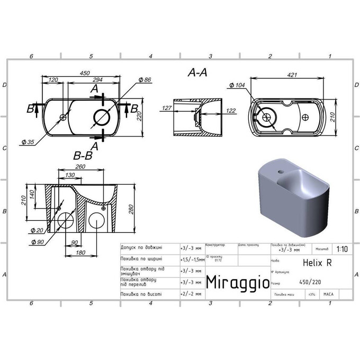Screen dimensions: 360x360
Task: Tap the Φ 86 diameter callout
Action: click(x=144, y=79)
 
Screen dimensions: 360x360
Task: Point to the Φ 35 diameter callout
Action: click(x=29, y=141)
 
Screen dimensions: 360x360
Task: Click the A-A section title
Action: click(x=197, y=74)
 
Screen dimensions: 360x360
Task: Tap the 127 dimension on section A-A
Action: click(x=167, y=109)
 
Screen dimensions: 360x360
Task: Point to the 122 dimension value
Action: click(x=230, y=111)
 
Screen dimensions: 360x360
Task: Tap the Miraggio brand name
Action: click(x=237, y=281)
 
